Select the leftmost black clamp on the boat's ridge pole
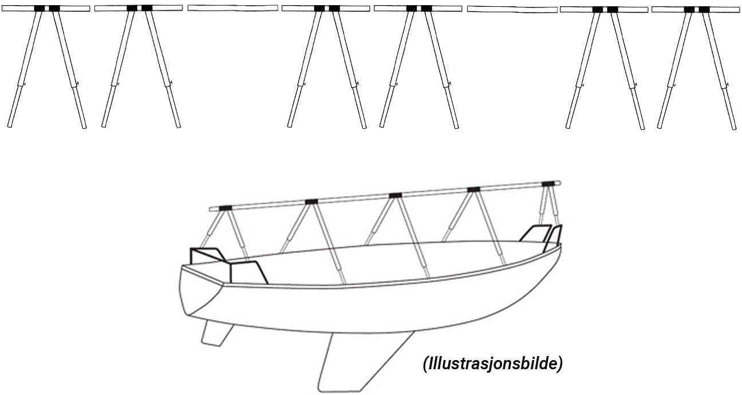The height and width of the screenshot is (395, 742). [x=225, y=207]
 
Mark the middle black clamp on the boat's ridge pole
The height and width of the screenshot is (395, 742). [x=395, y=195]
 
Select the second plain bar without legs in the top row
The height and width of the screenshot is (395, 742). [x=512, y=9]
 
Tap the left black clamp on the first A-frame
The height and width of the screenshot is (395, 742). [x=40, y=8]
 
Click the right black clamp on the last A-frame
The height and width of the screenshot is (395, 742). [x=704, y=9]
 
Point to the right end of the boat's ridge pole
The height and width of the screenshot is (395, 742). [x=562, y=183]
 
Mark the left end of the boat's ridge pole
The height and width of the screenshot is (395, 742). [x=211, y=208]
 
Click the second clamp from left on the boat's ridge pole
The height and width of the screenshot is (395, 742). [x=311, y=201]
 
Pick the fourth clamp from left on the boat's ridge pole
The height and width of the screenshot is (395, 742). [x=473, y=189]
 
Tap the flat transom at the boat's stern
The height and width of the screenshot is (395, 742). [x=200, y=292]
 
